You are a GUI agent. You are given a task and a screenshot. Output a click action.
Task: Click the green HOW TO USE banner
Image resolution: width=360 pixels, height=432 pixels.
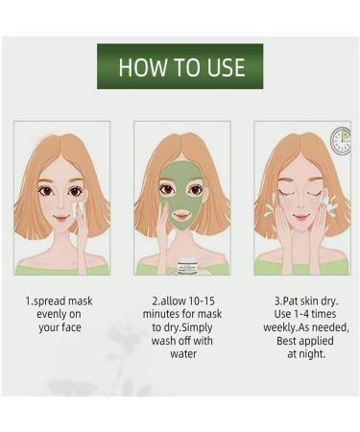pyautogui.click(x=180, y=67)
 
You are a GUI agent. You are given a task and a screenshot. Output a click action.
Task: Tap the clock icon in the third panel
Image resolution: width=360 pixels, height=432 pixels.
pyautogui.click(x=340, y=140)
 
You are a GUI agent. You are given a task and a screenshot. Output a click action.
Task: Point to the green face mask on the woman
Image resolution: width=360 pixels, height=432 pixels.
pyautogui.click(x=180, y=197)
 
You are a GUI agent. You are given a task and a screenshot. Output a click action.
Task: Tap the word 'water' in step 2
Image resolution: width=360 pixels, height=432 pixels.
pyautogui.click(x=182, y=353)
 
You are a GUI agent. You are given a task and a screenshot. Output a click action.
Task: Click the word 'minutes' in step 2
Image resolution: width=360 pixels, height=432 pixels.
pyautogui.click(x=165, y=314)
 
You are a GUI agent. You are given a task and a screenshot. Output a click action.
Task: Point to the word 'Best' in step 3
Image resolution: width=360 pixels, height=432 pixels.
pyautogui.click(x=289, y=340)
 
